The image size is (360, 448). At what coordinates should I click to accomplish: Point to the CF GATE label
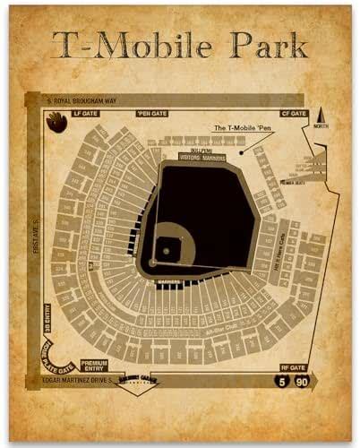295,114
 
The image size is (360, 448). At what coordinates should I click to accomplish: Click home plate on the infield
153,262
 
